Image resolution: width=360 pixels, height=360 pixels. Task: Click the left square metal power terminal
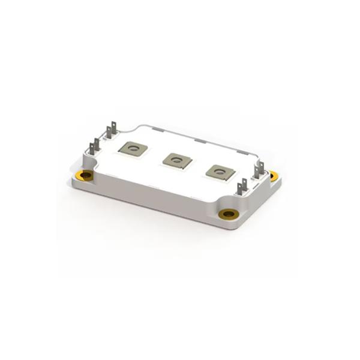(133, 148)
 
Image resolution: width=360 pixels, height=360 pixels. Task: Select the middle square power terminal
(177, 160)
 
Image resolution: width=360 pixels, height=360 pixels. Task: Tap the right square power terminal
(220, 172)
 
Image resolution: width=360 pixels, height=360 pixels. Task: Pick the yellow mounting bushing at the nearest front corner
(228, 214)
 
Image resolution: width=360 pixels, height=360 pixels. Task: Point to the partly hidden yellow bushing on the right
(274, 176)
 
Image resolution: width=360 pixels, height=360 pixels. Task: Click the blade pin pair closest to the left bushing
(94, 148)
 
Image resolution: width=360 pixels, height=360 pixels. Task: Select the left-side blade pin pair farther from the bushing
(111, 131)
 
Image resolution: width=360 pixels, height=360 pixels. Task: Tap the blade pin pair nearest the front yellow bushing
(242, 188)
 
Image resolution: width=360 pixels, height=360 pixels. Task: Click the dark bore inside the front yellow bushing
(228, 214)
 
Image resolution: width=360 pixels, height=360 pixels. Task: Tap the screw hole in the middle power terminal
(177, 160)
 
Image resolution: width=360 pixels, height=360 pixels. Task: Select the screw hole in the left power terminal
(133, 148)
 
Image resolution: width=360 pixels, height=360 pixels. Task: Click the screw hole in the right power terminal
(220, 172)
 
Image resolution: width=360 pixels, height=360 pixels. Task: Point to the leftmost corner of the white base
(73, 180)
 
